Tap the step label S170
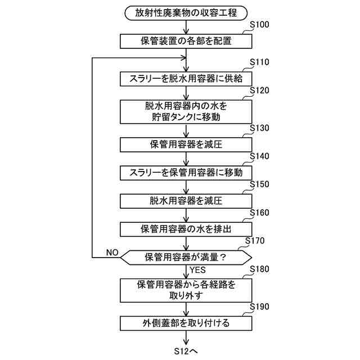coord(256,241)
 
